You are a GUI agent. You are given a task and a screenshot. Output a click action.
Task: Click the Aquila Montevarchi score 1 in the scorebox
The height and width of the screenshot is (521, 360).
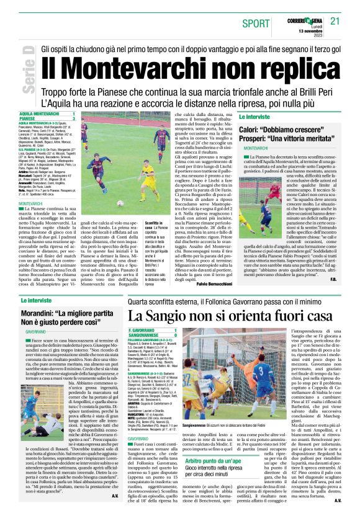point(73,114)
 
